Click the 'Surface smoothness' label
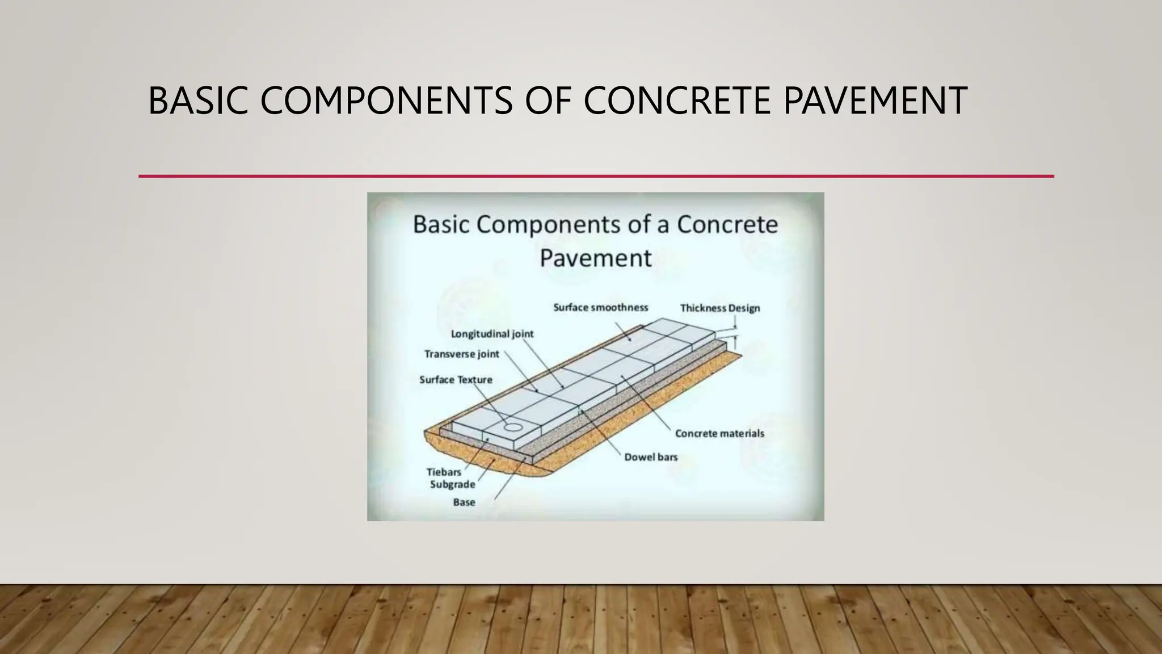pos(600,308)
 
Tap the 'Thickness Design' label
pos(719,308)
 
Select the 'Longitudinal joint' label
pos(492,334)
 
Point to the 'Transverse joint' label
pos(461,354)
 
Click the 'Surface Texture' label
pos(456,380)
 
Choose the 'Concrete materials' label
pos(719,434)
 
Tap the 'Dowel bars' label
pos(651,457)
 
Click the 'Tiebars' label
pos(444,472)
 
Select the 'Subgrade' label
pos(452,484)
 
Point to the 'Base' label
pos(464,502)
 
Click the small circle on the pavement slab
pos(513,427)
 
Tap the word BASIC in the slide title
pos(197,101)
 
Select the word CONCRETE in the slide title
pos(677,101)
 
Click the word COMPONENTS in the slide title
pos(386,101)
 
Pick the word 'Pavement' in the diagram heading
pos(595,258)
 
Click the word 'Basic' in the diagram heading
pos(441,224)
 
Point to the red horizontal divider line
pos(596,177)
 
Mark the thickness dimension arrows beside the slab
pos(735,333)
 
